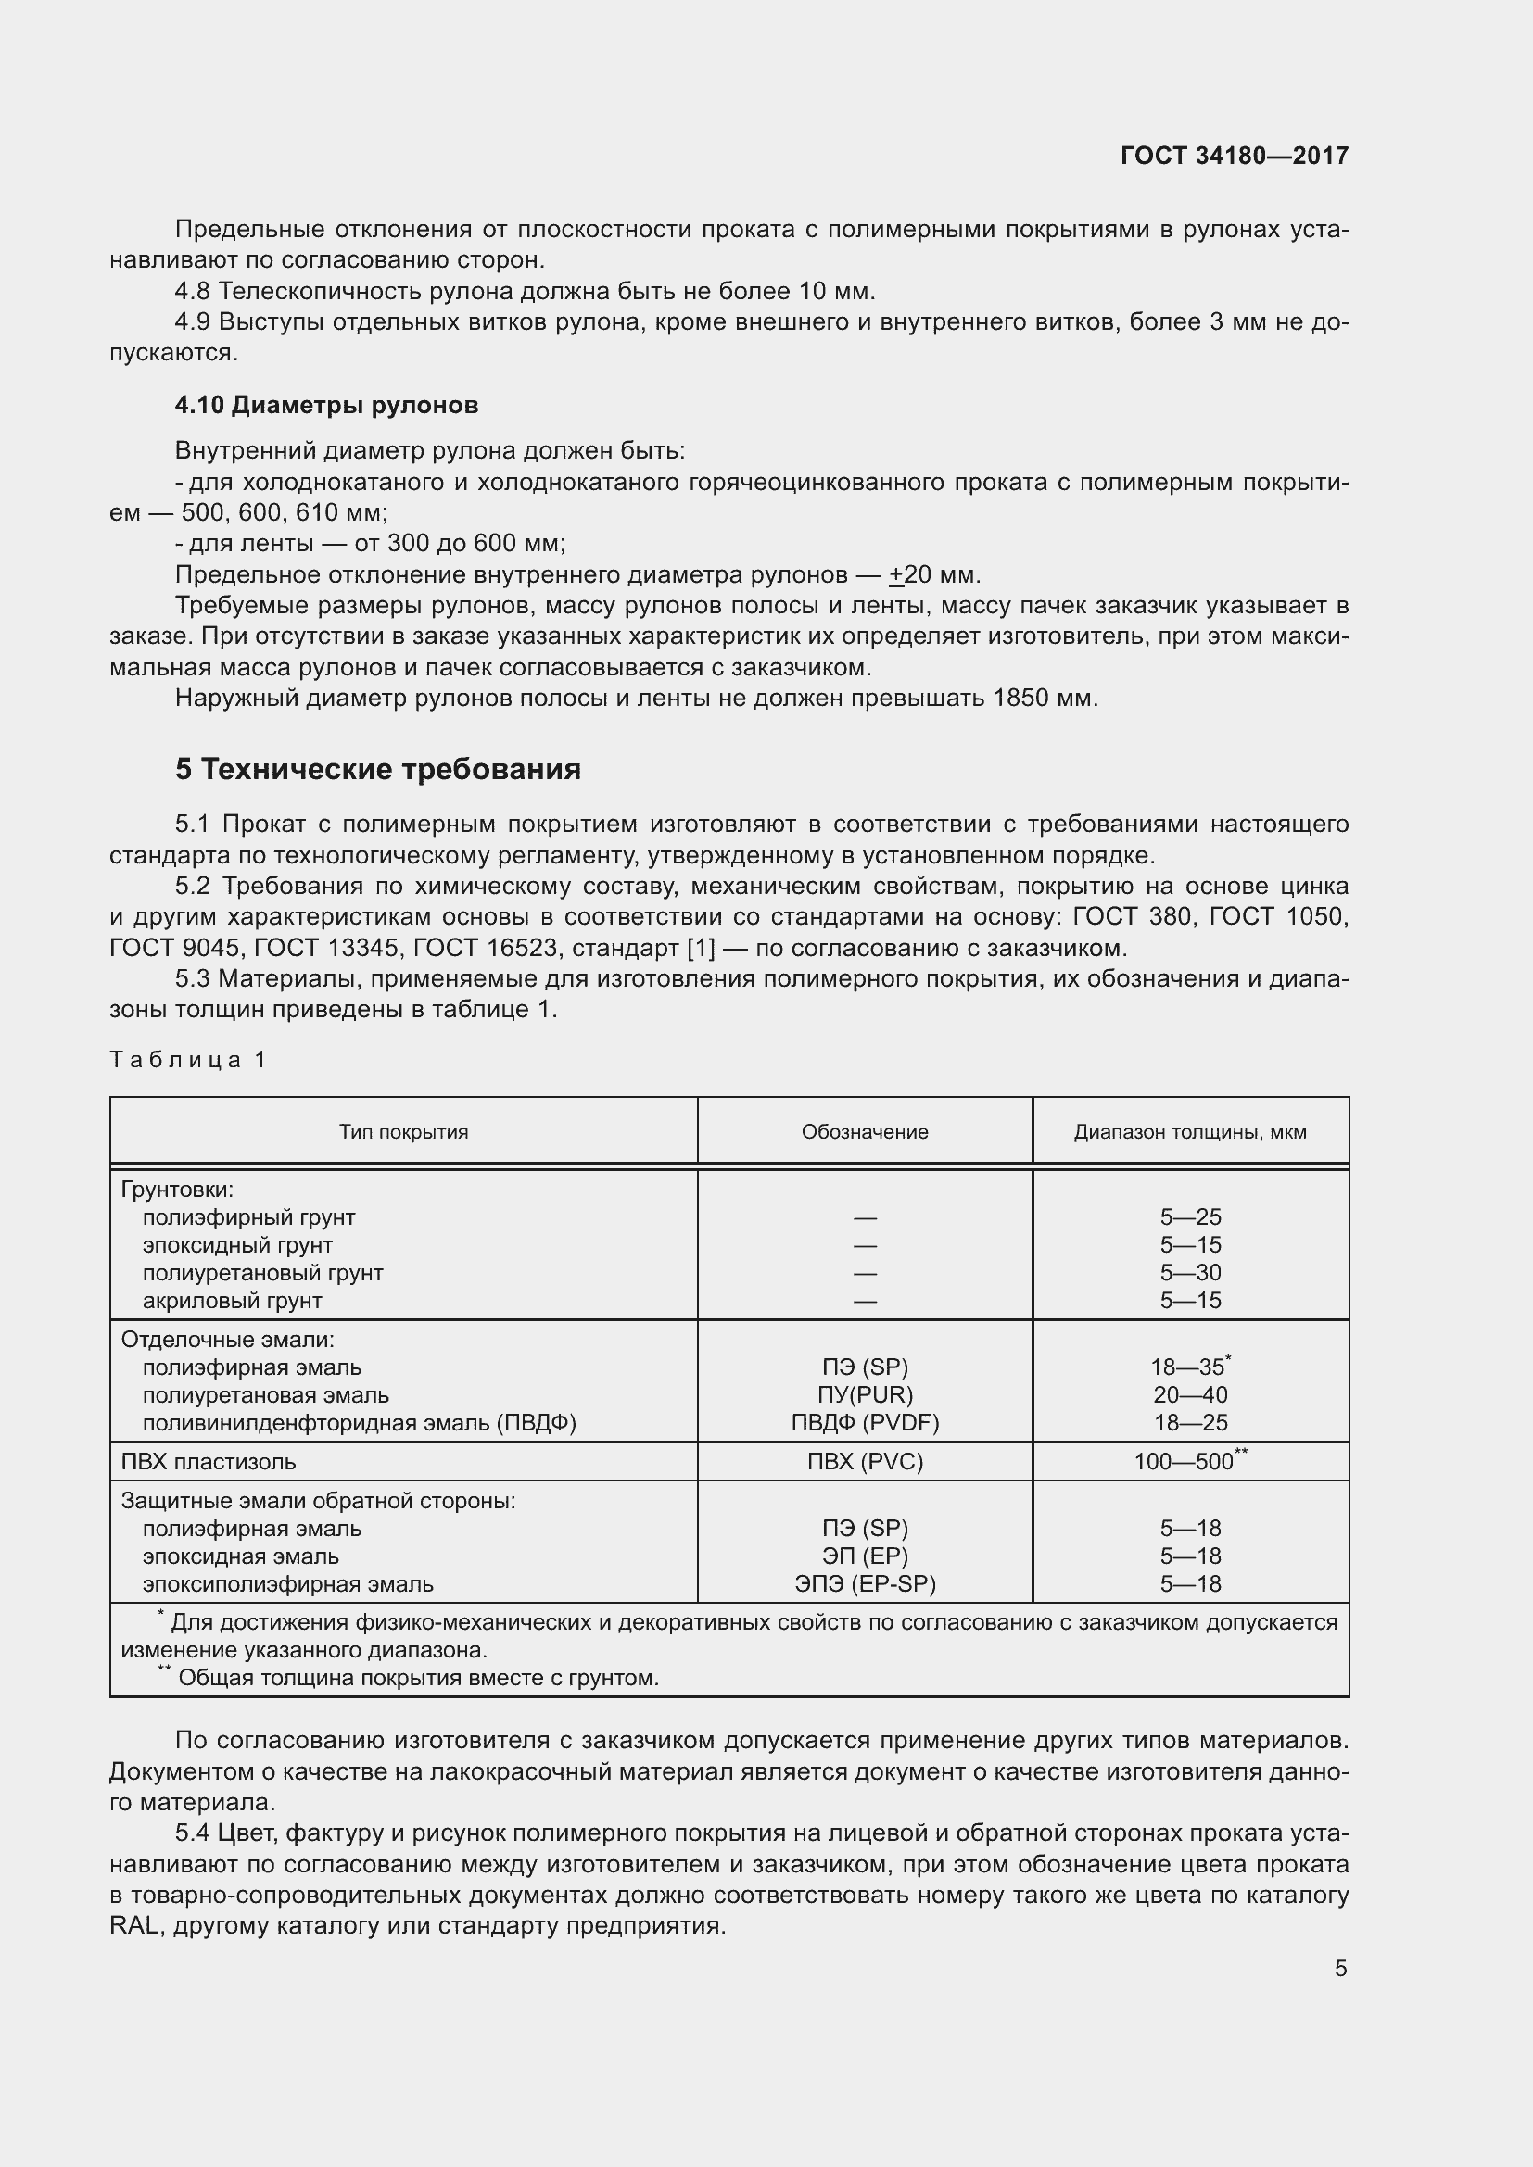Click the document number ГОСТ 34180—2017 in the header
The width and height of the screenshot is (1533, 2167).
(x=1234, y=156)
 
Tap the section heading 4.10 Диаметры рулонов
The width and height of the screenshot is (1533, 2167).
(x=326, y=405)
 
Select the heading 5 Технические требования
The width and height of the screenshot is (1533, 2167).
(x=377, y=769)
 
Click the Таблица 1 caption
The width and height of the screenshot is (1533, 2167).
(x=188, y=1059)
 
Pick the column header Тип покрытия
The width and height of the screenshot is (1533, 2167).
(x=403, y=1131)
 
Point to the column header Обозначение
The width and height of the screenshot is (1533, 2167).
(x=865, y=1131)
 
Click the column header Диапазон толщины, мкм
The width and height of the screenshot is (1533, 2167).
(x=1189, y=1131)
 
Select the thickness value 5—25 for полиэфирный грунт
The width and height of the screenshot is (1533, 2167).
(x=1190, y=1217)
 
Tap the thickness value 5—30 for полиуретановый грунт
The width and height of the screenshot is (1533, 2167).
(x=1190, y=1272)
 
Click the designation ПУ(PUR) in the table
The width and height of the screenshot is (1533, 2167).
(x=865, y=1395)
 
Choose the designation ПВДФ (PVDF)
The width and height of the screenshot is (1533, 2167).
(x=865, y=1422)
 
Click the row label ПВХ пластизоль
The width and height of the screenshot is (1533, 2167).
(x=208, y=1462)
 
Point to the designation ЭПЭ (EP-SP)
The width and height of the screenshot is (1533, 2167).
(x=865, y=1584)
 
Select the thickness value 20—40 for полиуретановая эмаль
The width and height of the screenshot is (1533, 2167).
(x=1190, y=1395)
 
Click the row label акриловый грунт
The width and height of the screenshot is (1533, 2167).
(x=233, y=1301)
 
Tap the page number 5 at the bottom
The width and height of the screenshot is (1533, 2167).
(x=1340, y=1969)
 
